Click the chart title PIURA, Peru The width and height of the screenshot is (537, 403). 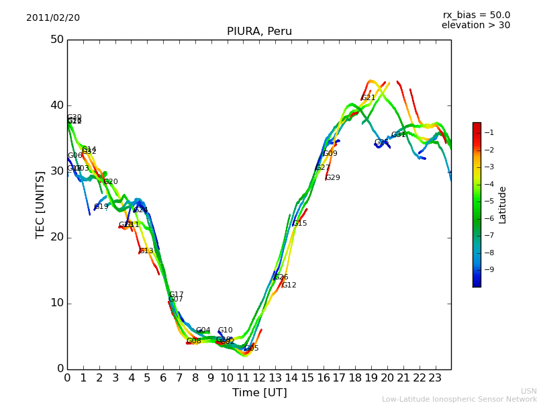tap(259, 32)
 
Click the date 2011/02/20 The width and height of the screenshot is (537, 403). tap(53, 18)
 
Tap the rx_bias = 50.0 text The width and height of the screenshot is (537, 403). tap(476, 15)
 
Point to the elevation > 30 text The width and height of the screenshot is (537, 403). tap(475, 26)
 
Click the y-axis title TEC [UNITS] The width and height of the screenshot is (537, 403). tap(40, 204)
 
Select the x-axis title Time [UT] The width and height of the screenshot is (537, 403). tap(259, 392)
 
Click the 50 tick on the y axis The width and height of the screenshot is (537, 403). tap(56, 40)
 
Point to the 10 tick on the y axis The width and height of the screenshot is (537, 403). tap(56, 303)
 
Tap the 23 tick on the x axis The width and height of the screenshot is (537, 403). tap(435, 377)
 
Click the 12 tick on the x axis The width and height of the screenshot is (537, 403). tap(259, 377)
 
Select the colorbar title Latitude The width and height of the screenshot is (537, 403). tap(503, 205)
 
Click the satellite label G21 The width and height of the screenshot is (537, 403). tap(369, 98)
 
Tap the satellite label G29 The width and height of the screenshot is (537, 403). tap(333, 178)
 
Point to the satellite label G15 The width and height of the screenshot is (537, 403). tap(299, 224)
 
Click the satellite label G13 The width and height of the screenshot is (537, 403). tap(146, 251)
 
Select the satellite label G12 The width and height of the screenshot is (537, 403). tap(289, 285)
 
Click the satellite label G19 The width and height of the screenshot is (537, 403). tap(101, 207)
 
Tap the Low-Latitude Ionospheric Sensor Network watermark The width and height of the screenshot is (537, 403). tap(459, 399)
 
